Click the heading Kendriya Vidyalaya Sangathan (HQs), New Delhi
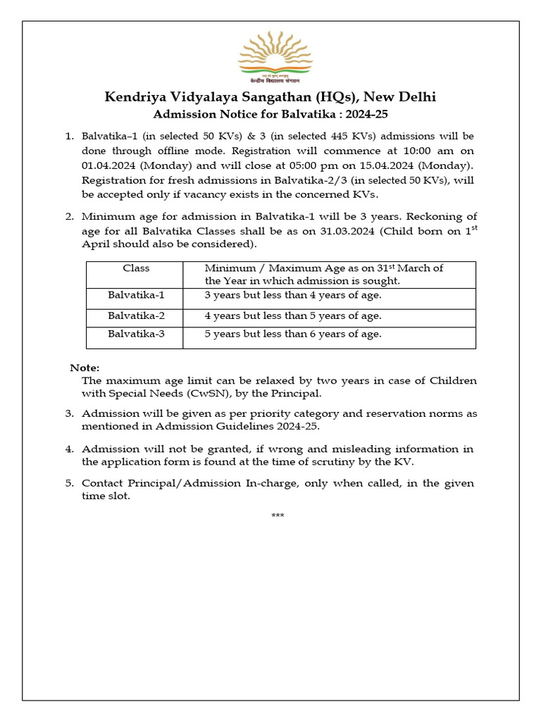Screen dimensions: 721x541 pos(270,96)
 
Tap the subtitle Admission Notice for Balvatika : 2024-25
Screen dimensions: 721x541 pos(270,113)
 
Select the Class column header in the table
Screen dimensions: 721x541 pos(136,268)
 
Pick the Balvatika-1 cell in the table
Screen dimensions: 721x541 pos(136,295)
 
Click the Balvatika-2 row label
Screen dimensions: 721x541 pos(136,315)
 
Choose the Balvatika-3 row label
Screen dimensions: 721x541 pos(136,334)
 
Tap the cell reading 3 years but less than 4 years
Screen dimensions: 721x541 pos(293,295)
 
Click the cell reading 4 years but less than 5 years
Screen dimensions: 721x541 pos(293,315)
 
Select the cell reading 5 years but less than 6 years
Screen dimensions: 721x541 pos(293,334)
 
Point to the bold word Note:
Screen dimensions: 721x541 pos(85,368)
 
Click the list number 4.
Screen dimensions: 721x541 pos(70,449)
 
